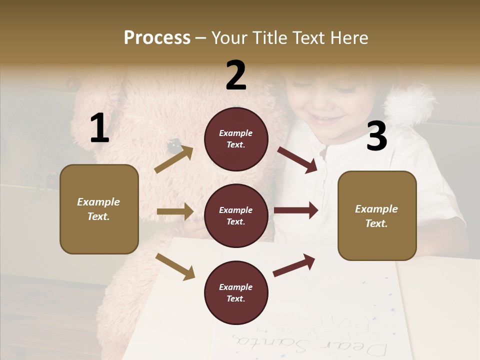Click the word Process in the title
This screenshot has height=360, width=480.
click(157, 38)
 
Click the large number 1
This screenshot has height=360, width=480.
click(99, 128)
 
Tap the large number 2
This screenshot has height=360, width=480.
click(236, 75)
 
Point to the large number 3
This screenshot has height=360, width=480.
click(376, 136)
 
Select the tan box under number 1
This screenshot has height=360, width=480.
click(99, 209)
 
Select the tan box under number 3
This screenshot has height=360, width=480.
click(377, 215)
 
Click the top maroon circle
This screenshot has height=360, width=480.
click(236, 139)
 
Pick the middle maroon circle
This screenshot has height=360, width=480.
click(236, 215)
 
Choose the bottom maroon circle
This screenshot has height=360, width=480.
click(236, 292)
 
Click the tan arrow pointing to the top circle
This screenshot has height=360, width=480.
click(174, 159)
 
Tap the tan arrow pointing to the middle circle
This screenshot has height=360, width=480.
click(175, 211)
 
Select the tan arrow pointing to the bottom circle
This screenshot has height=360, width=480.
click(175, 266)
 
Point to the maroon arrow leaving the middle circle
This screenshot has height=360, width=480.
click(296, 210)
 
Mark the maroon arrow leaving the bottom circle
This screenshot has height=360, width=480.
click(294, 265)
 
